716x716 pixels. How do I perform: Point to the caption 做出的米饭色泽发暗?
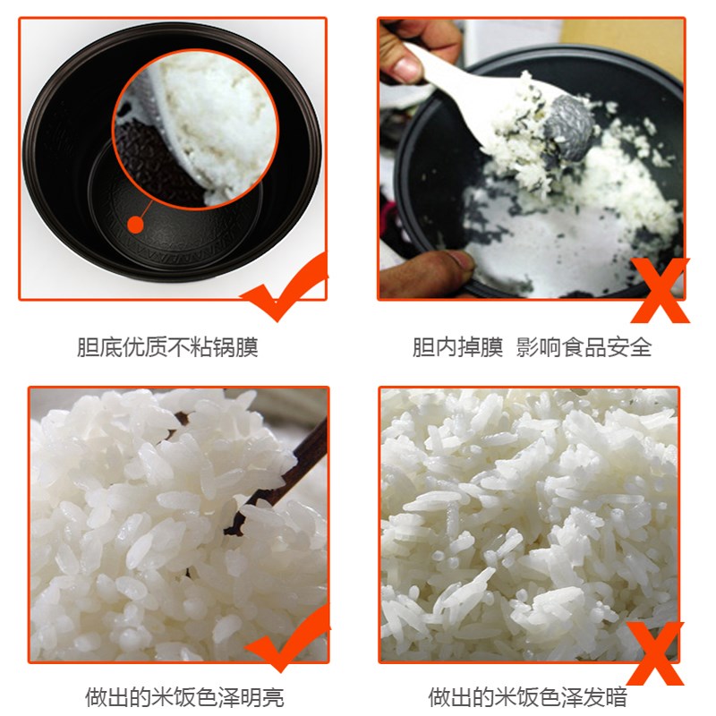point(527,696)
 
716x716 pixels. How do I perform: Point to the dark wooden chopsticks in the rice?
point(286,474)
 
